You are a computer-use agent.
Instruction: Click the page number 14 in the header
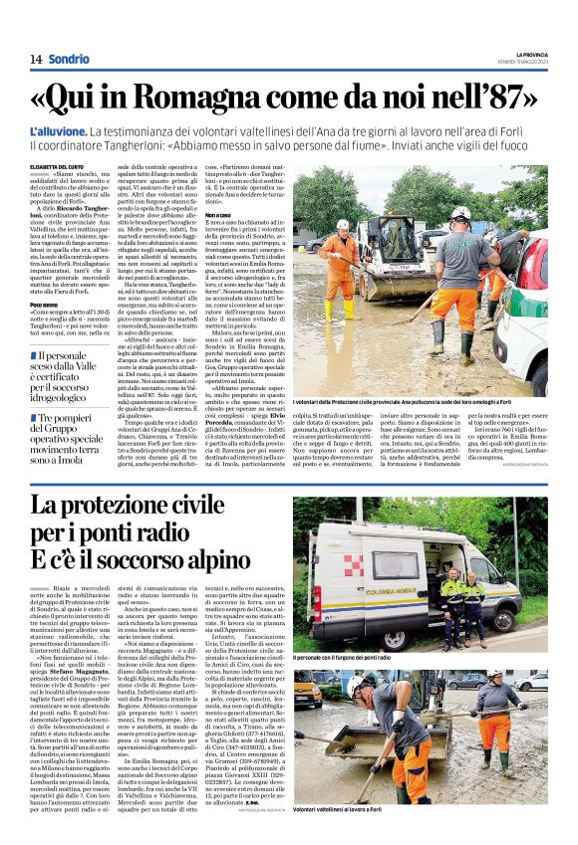pyautogui.click(x=36, y=60)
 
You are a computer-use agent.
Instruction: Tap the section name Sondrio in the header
pyautogui.click(x=70, y=60)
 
